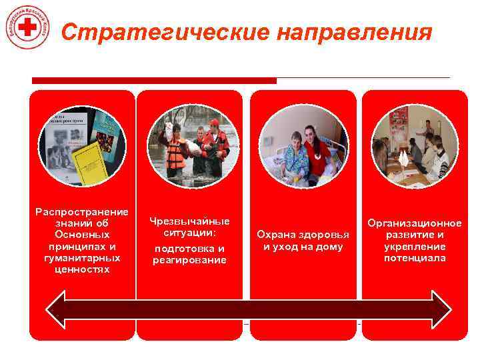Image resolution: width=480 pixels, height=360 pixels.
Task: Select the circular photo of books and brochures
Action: pyautogui.click(x=82, y=146)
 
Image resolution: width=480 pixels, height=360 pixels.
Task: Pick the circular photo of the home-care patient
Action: pyautogui.click(x=303, y=146)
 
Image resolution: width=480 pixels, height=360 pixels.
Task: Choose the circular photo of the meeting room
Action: pyautogui.click(x=415, y=146)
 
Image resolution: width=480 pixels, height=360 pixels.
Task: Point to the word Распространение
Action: pyautogui.click(x=82, y=211)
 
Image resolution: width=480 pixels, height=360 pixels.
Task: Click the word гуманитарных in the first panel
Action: pyautogui.click(x=82, y=258)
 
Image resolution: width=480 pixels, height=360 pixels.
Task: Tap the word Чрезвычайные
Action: pyautogui.click(x=189, y=221)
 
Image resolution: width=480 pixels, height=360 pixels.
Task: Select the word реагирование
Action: pyautogui.click(x=189, y=260)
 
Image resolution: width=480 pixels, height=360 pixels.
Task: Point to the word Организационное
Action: pyautogui.click(x=415, y=223)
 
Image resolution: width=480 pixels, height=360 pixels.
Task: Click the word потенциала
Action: pyautogui.click(x=415, y=258)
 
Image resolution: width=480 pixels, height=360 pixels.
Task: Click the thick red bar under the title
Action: pyautogui.click(x=154, y=81)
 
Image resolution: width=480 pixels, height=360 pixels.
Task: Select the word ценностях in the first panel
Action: pyautogui.click(x=82, y=269)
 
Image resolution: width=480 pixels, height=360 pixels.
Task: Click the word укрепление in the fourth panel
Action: pyautogui.click(x=415, y=247)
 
